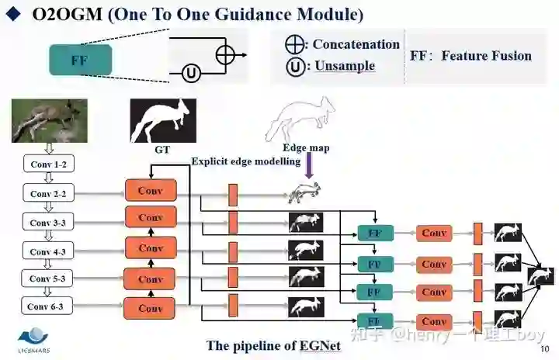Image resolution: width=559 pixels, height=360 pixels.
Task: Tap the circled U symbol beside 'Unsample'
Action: [295, 66]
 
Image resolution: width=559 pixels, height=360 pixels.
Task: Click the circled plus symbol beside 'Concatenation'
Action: [295, 44]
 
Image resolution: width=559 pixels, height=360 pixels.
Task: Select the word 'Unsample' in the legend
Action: [345, 66]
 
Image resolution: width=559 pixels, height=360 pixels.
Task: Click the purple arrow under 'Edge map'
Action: [308, 165]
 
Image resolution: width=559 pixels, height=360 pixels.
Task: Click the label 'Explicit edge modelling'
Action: [245, 161]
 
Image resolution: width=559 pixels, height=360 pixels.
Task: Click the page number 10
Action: [544, 348]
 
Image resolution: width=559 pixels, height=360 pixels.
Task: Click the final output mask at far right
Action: [541, 275]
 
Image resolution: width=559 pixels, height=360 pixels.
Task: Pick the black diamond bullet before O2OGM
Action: [13, 15]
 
